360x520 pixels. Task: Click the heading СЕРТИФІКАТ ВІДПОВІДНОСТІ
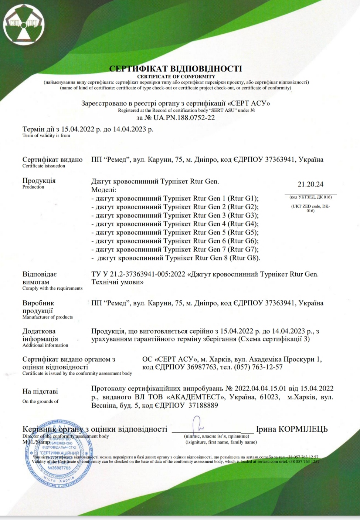176,69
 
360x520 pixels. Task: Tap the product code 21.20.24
310,184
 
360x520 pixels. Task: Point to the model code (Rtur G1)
243,198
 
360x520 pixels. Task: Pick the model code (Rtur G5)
243,232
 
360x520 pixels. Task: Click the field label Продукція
39,181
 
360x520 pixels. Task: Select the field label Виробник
38,303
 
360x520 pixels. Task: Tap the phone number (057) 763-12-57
262,367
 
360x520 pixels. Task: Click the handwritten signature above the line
198,424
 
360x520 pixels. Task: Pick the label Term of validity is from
46,136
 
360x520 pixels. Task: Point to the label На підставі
40,392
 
